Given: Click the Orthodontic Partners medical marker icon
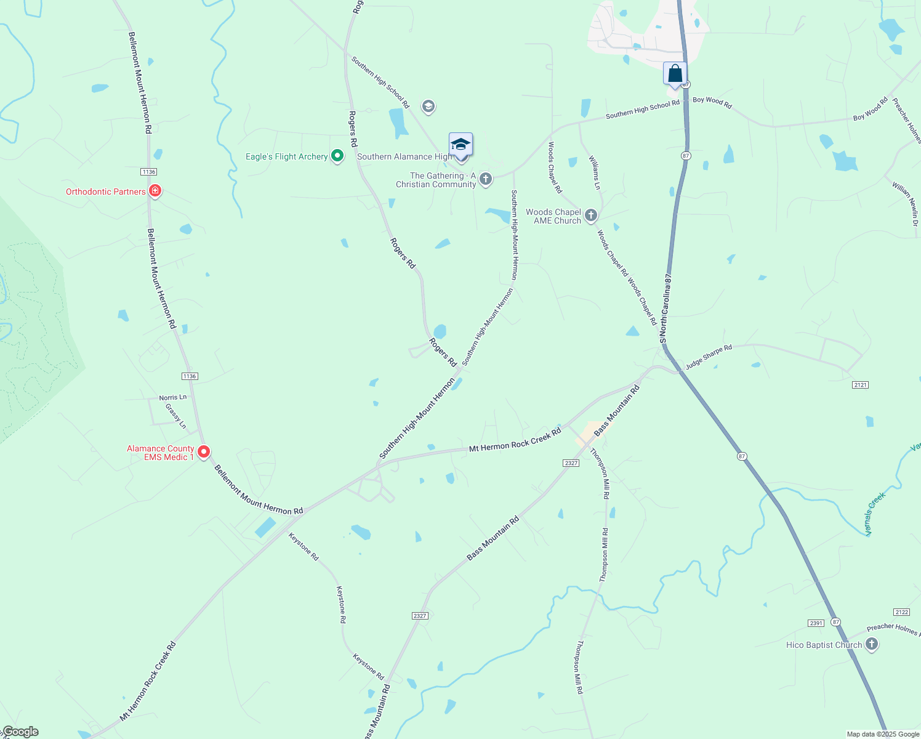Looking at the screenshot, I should coord(155,191).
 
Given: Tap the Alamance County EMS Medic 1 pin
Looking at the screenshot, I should coord(204,452).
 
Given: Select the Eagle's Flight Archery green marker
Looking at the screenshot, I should coord(337,156).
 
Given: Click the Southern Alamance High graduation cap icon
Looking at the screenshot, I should coord(460,145).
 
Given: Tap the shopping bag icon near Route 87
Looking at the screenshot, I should coord(675,74).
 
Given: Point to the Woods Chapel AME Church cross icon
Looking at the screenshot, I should coord(591,215).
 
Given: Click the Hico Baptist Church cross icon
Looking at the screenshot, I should coord(871,644).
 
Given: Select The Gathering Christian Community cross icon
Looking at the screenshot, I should coord(486,179).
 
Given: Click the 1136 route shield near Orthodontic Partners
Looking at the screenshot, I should coord(148,172).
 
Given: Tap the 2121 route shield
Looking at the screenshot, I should coord(860,385).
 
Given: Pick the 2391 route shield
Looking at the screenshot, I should coord(816,623).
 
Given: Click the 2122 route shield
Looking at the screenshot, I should coord(901,612).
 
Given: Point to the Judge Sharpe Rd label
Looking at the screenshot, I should coord(709,357).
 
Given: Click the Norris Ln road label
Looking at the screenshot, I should coord(172,398).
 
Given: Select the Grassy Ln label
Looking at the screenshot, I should coord(176,416).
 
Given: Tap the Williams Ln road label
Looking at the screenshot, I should coord(595,173).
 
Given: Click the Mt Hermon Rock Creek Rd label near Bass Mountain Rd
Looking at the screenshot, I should coord(515,440).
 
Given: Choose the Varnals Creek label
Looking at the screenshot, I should coord(875,514).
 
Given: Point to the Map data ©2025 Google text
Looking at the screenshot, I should coord(883,734).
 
